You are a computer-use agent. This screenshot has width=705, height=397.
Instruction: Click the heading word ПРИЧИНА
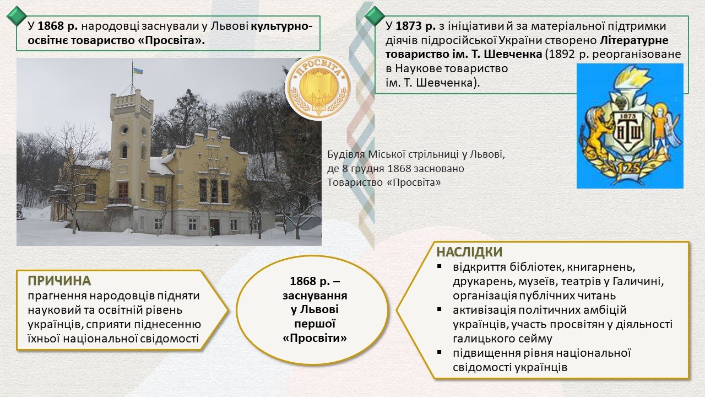[59, 281]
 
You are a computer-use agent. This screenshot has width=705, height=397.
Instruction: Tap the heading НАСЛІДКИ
[469, 252]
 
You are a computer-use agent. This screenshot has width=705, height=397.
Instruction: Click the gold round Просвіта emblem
[318, 88]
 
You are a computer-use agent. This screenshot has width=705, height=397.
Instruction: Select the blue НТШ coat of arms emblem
[630, 126]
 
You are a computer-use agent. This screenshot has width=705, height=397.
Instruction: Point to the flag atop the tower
[138, 71]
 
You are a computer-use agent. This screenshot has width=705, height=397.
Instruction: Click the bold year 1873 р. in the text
[415, 26]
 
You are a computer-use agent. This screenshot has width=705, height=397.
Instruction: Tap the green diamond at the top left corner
[17, 16]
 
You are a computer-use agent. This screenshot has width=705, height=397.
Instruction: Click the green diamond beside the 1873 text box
[375, 16]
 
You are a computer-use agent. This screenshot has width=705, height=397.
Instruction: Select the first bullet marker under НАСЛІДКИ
[440, 266]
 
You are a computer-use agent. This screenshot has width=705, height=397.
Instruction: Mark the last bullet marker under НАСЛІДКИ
[440, 352]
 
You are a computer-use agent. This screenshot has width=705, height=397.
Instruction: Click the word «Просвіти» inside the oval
[314, 338]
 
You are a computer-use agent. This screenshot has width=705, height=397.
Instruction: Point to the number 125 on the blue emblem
[630, 169]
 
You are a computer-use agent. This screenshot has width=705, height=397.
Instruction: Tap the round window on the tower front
[124, 129]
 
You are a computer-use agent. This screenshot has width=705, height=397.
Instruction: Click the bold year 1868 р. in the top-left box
[58, 26]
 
